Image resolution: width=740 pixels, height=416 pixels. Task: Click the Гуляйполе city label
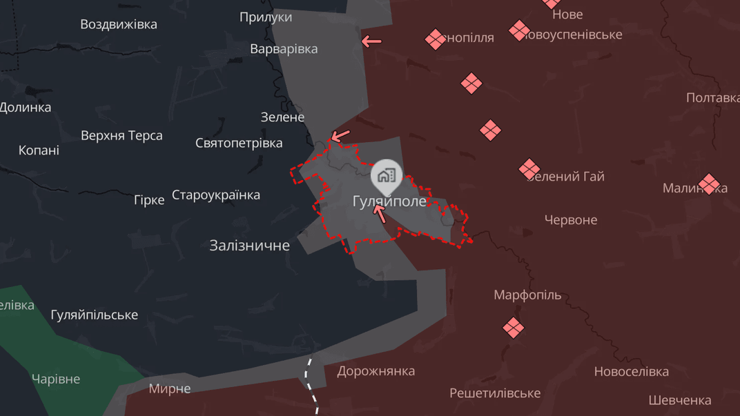coord(389,201)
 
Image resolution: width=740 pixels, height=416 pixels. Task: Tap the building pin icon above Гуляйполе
coord(387,175)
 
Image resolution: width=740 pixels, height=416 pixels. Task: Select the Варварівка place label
coord(284,49)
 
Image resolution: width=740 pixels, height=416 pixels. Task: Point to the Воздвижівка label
coord(119,24)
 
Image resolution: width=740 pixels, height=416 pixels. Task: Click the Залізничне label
coord(249,245)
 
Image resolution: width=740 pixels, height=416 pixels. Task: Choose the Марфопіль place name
coord(527,295)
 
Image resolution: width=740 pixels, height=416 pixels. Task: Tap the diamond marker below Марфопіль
coord(513,327)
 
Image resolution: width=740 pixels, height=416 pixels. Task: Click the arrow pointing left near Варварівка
coord(371,41)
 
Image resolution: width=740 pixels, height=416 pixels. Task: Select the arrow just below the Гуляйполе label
coord(380,213)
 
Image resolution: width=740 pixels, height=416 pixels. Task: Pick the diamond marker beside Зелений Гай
coord(529,169)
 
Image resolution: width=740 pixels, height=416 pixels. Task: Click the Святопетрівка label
coord(239,143)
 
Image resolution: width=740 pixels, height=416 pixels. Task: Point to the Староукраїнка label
coord(216,195)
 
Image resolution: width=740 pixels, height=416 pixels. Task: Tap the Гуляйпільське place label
coord(95,315)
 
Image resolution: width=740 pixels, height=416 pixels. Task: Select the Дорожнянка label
coord(376,371)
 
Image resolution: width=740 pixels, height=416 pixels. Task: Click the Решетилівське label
coord(495,393)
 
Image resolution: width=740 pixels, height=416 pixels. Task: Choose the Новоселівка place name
coord(631,372)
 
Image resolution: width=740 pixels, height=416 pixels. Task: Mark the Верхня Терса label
coord(121,135)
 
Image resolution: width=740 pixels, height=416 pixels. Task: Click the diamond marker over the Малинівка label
coord(709,184)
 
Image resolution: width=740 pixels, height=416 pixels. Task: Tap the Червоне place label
coord(571,220)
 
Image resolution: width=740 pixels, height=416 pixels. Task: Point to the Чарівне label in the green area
coord(56,379)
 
